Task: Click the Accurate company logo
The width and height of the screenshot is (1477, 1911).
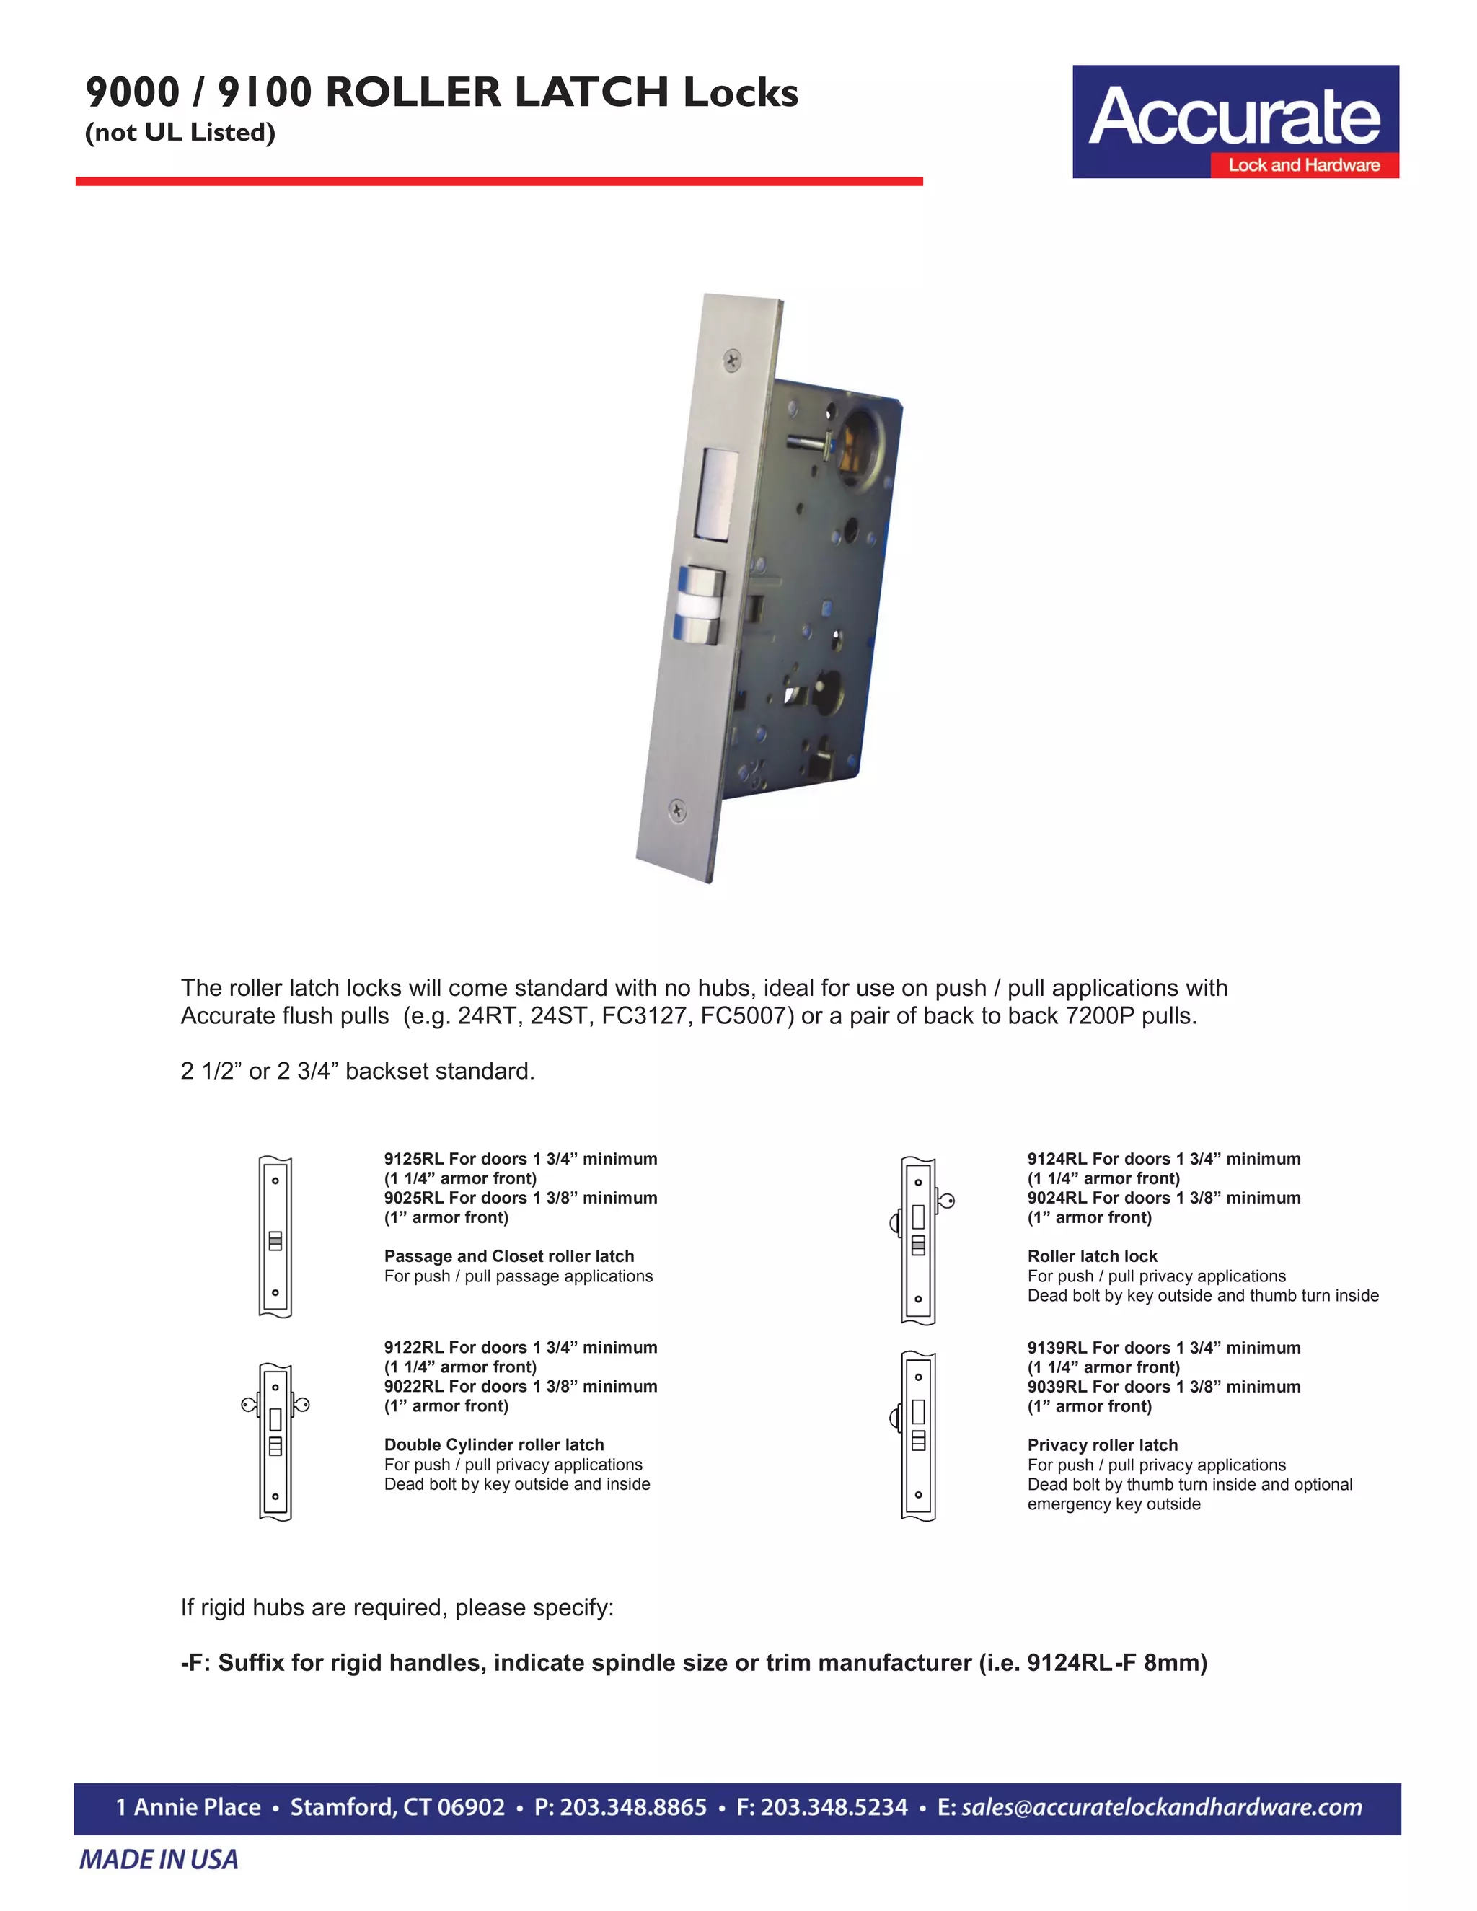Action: (1235, 122)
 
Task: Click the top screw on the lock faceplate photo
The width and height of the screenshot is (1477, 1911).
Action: (731, 360)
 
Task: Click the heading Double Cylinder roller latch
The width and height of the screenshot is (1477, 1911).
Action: (493, 1444)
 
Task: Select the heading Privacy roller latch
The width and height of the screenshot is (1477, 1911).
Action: (1102, 1444)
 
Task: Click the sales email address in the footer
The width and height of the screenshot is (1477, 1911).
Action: (1161, 1807)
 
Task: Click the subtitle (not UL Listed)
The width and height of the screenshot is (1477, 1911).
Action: (180, 132)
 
